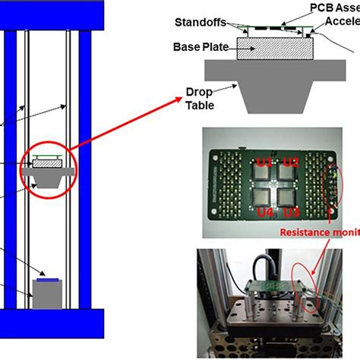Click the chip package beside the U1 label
[x=263, y=178]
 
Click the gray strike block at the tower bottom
[x=47, y=294]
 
